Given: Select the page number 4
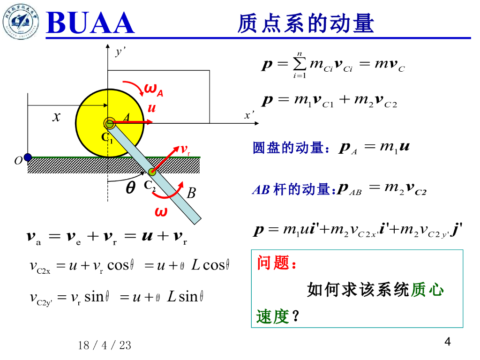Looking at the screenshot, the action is tap(447, 342).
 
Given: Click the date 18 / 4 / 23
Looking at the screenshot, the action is tap(105, 346).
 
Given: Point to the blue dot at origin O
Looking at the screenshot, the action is tap(28, 157).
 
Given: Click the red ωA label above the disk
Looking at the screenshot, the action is tap(153, 89).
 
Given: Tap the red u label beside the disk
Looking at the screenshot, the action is tap(151, 108).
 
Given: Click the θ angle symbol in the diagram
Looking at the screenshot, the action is tap(131, 187).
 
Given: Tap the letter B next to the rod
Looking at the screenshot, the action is tap(191, 193).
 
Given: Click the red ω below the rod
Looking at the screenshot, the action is tap(161, 212).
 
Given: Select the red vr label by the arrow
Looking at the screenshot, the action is tap(186, 150).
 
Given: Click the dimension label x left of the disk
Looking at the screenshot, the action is tap(56, 116).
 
